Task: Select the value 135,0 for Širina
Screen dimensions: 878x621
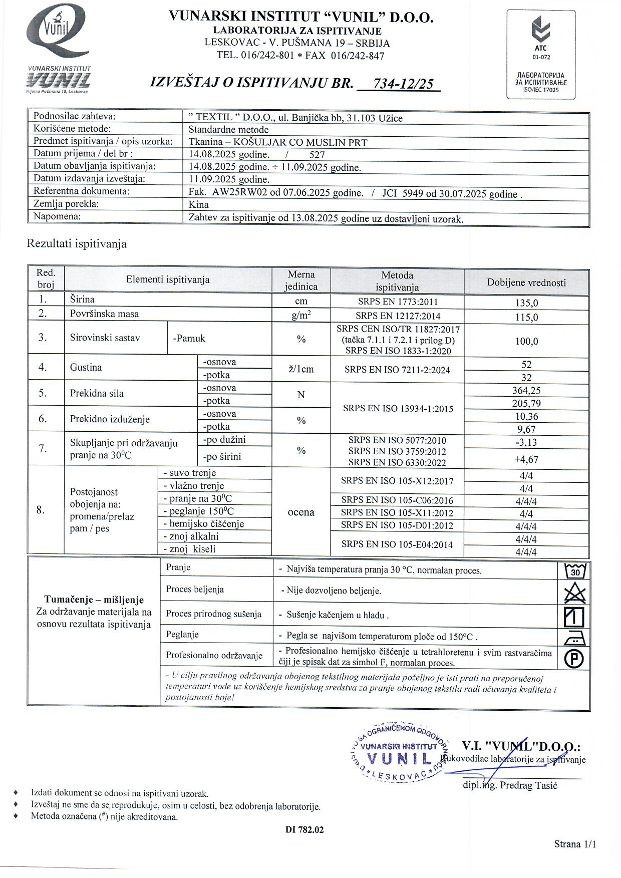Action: click(x=526, y=303)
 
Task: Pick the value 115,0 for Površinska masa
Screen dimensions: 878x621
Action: click(x=526, y=317)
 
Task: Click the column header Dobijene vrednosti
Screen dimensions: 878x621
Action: click(x=526, y=282)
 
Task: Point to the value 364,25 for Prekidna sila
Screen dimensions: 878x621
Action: click(x=526, y=391)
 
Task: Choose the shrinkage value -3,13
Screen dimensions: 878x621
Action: click(x=526, y=442)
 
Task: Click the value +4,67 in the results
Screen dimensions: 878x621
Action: click(x=526, y=459)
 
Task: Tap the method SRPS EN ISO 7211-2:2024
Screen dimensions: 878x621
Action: click(x=397, y=370)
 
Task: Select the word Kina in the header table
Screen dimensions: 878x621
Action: click(x=199, y=205)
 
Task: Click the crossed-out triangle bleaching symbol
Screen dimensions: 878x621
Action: click(x=574, y=594)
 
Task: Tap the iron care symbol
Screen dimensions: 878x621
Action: click(x=574, y=638)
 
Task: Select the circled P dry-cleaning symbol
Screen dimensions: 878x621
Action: click(x=574, y=658)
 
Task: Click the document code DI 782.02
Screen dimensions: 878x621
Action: click(x=304, y=829)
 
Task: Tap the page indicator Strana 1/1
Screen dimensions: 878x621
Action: click(x=575, y=844)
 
